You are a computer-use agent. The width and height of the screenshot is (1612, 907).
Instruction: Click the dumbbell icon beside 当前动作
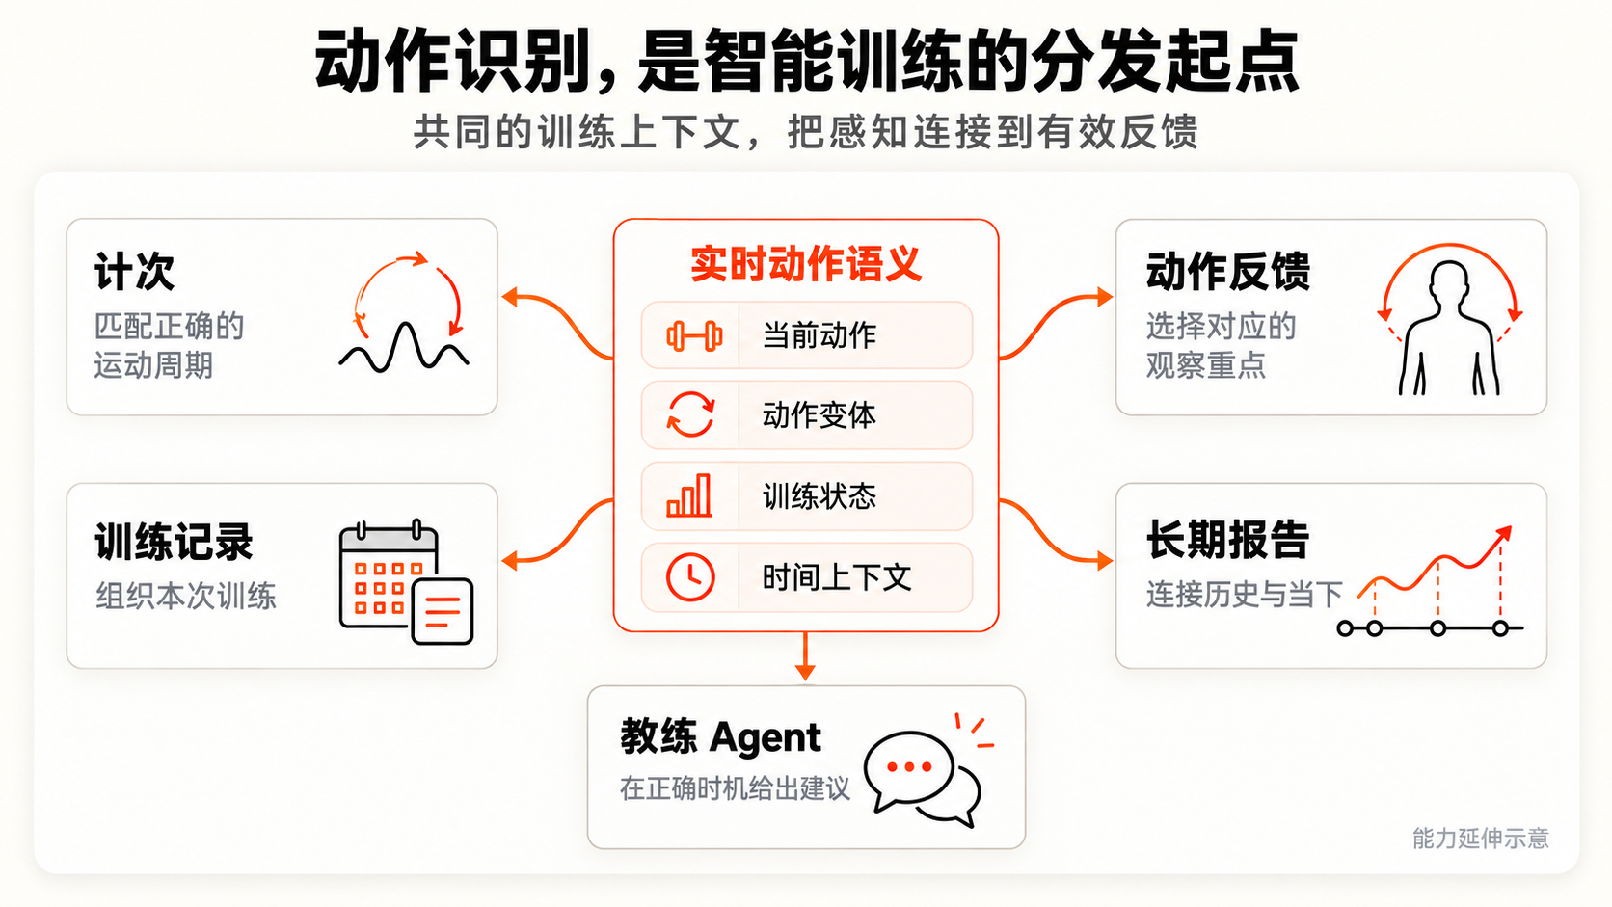pyautogui.click(x=694, y=335)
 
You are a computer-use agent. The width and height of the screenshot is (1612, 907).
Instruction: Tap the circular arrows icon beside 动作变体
pyautogui.click(x=691, y=414)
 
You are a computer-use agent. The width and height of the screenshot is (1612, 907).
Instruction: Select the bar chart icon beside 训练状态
pyautogui.click(x=689, y=495)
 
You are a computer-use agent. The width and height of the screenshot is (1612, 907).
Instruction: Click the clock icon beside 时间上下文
pyautogui.click(x=690, y=576)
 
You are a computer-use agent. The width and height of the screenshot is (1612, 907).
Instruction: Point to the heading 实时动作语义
pyautogui.click(x=806, y=264)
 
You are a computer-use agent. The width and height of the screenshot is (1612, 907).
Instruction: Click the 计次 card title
pyautogui.click(x=135, y=272)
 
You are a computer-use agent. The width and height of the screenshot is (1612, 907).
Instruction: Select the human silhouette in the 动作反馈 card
pyautogui.click(x=1449, y=328)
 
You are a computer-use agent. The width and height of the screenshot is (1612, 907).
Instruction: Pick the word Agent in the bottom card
pyautogui.click(x=765, y=738)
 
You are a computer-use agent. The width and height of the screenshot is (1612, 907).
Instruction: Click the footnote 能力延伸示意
pyautogui.click(x=1480, y=839)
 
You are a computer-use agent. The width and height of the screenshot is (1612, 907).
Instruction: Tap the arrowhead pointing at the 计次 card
pyautogui.click(x=509, y=297)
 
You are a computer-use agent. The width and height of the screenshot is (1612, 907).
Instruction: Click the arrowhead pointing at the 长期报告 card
pyautogui.click(x=1105, y=560)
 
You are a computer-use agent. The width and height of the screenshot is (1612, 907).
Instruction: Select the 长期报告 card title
pyautogui.click(x=1227, y=540)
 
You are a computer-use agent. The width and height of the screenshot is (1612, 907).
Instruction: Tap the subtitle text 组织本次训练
pyautogui.click(x=186, y=597)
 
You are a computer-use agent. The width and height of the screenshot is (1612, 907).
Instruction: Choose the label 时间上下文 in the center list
pyautogui.click(x=836, y=577)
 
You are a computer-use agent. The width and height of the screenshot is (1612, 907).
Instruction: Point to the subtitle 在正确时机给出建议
pyautogui.click(x=735, y=789)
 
